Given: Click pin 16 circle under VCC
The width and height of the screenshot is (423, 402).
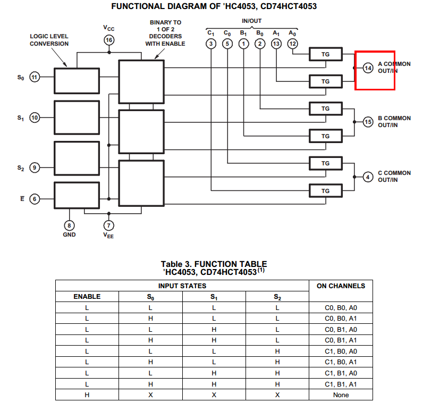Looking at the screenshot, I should pos(109,40).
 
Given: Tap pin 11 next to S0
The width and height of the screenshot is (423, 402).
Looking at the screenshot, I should pos(35,78).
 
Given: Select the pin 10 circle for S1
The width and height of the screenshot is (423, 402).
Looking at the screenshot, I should pos(35,118).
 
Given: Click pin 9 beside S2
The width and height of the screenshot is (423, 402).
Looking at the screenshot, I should pos(35,168).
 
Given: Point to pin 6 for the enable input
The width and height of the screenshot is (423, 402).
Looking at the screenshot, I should pos(35,198).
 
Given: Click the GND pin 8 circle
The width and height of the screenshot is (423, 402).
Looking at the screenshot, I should pos(70,225).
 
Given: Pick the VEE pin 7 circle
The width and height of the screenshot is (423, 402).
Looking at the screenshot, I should pos(109,225).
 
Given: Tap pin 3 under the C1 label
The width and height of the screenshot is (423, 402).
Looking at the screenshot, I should pos(211,44).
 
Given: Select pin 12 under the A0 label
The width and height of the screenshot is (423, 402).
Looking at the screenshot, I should pos(293,44).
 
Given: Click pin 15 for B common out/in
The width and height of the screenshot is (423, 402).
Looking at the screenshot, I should pos(368,122).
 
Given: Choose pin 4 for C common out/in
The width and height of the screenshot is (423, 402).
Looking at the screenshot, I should pos(368,177).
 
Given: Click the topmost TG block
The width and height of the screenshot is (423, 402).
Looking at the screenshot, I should pos(326,54).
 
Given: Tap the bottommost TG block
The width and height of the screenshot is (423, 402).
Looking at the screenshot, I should pos(326,191).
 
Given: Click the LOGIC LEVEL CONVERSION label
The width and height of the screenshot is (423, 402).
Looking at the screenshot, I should pos(49,40).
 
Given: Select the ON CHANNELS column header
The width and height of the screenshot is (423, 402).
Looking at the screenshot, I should pos(341,286).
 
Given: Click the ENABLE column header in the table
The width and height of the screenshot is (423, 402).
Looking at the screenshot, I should pos(87,297).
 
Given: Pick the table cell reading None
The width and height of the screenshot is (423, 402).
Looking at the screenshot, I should pos(341,395).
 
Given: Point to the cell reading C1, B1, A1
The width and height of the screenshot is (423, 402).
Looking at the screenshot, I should pos(341,384).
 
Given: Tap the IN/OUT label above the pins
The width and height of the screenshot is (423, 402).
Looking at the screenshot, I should pos(251,20).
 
